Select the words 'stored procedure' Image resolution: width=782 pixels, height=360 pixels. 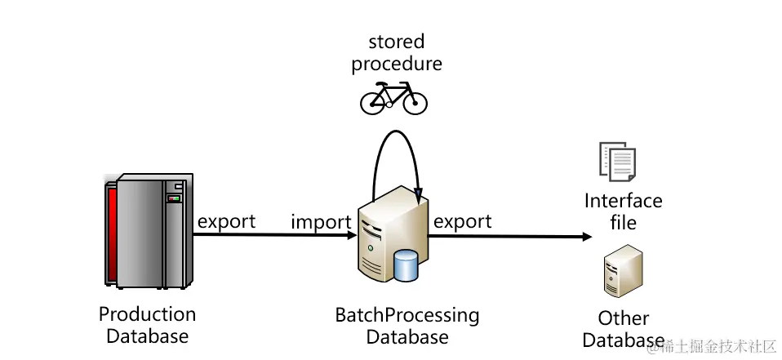tap(397, 52)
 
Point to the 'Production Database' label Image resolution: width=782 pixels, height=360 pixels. tap(148, 325)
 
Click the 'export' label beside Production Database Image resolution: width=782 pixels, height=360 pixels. tap(226, 221)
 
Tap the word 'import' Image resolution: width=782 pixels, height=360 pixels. tap(321, 222)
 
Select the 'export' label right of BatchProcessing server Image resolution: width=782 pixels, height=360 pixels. tap(462, 221)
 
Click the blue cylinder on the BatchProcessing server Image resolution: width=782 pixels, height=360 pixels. tap(406, 265)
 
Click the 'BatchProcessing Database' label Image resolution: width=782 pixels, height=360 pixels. tap(407, 326)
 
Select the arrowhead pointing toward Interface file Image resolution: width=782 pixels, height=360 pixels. tap(587, 238)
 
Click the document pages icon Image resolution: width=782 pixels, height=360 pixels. tap(617, 162)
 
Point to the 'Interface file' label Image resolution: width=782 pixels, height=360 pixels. tap(624, 211)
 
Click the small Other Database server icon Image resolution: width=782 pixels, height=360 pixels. tap(619, 276)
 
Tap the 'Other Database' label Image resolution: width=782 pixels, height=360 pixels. tap(624, 329)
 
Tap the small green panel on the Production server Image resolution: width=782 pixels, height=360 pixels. tap(173, 198)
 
